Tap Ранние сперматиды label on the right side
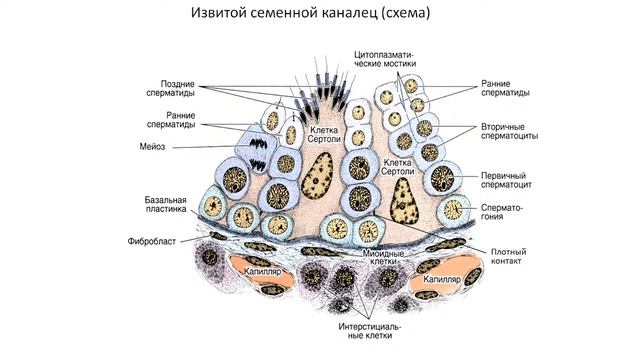pyautogui.click(x=504, y=88)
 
